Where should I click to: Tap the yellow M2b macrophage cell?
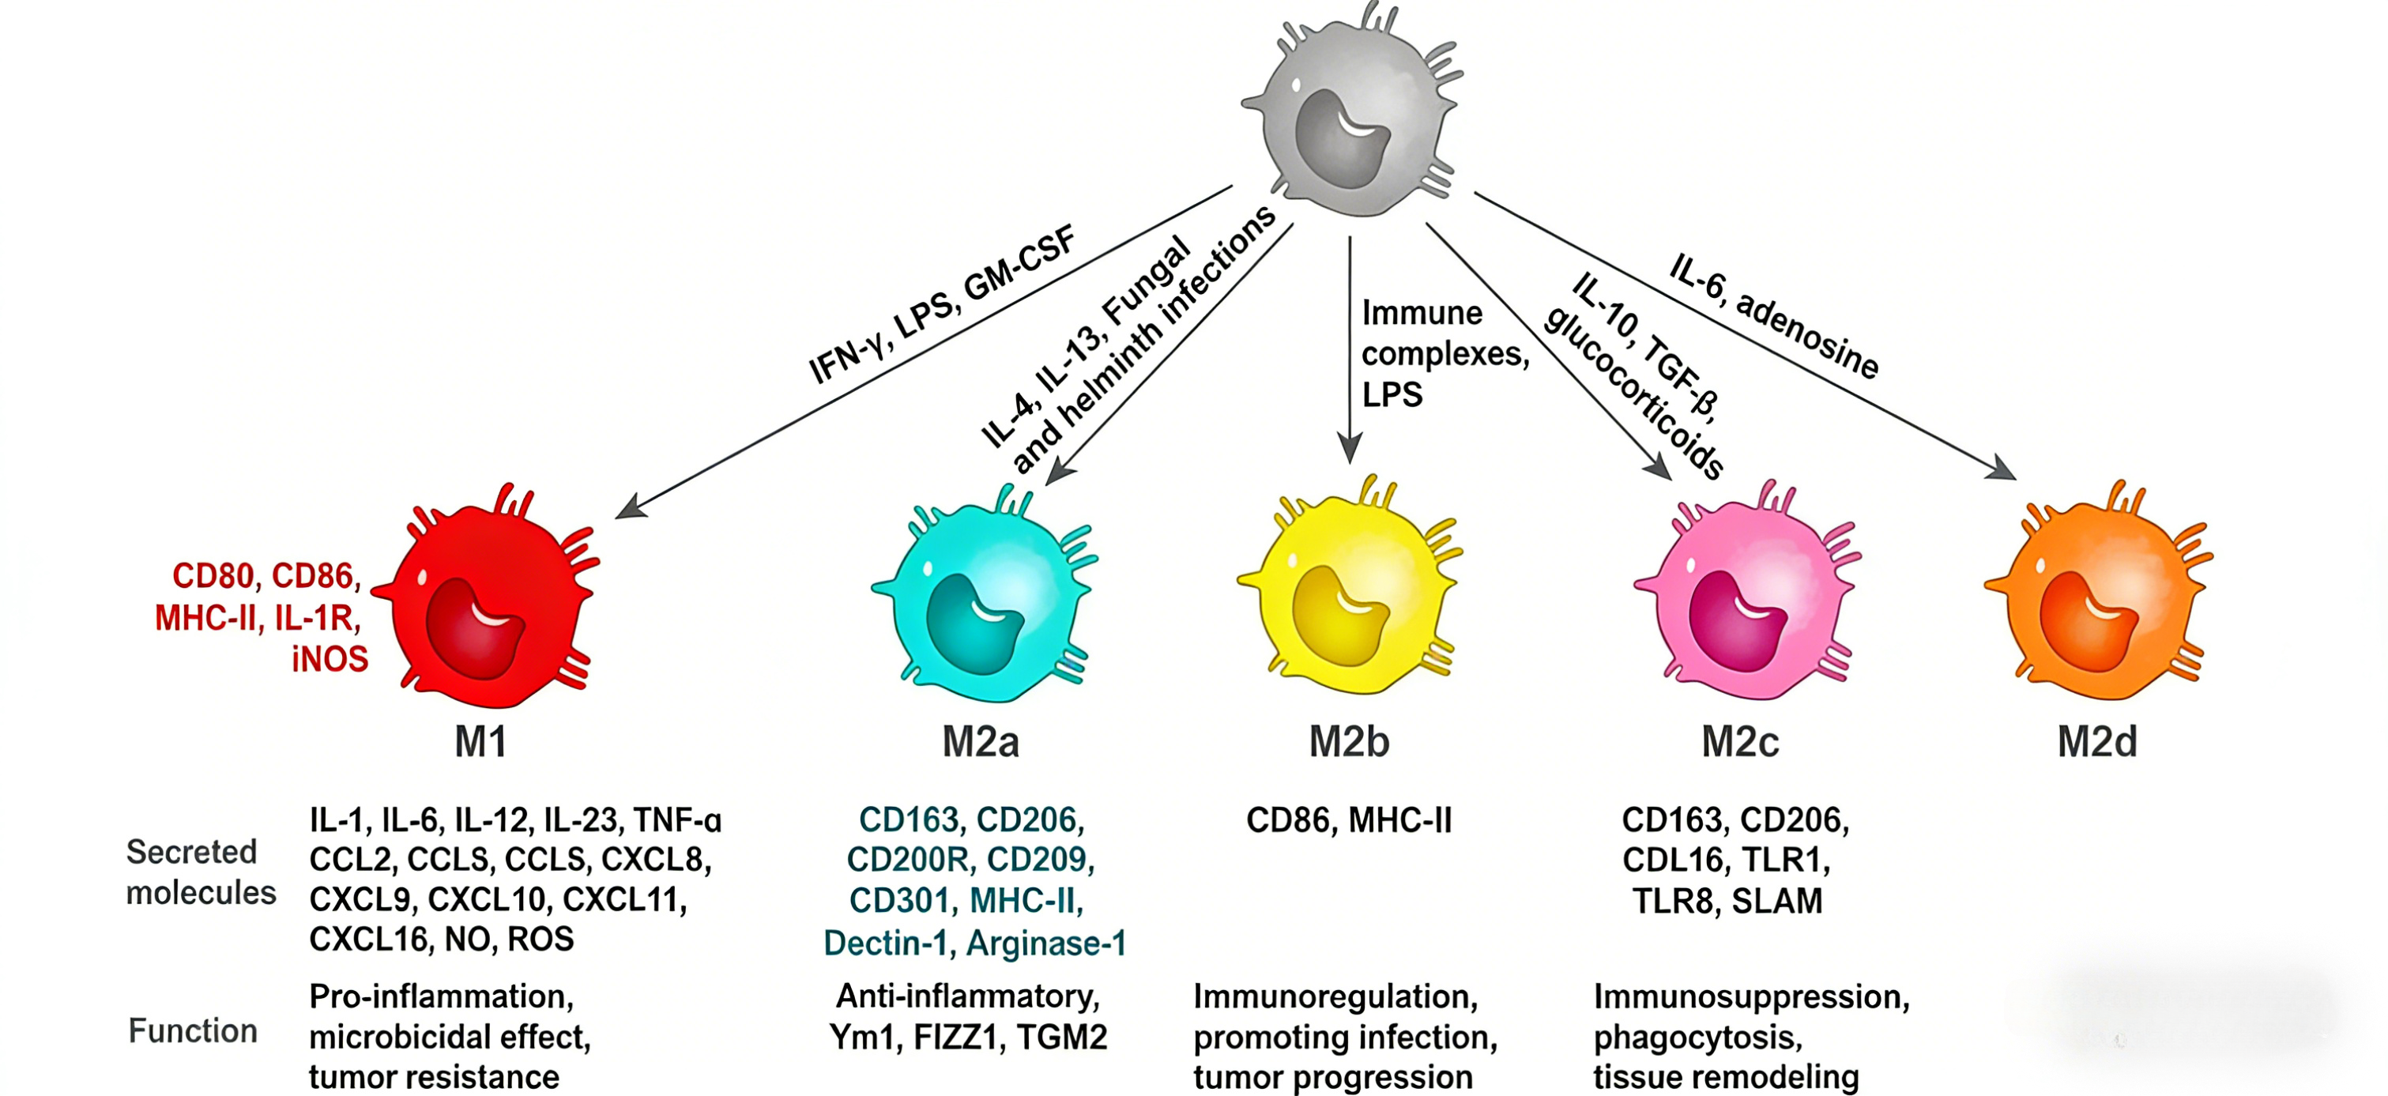[1349, 589]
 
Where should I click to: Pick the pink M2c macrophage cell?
[1747, 593]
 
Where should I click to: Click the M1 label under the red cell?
[481, 742]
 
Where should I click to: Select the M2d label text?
[2097, 742]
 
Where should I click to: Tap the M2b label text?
[1349, 742]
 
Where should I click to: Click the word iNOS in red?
[330, 659]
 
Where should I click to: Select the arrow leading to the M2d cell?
[1746, 336]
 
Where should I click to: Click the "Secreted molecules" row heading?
[202, 872]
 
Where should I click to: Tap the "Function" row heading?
[193, 1030]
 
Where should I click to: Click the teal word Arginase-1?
[1046, 943]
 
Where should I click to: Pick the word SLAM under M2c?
[1777, 900]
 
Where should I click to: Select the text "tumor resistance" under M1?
[434, 1076]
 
